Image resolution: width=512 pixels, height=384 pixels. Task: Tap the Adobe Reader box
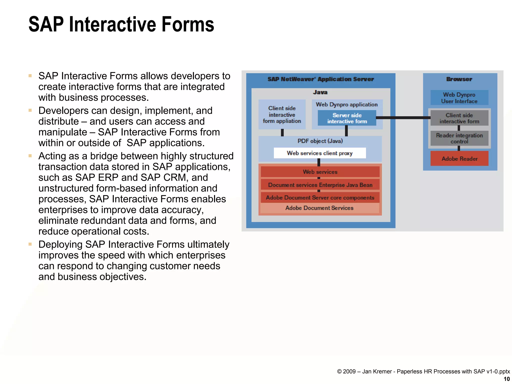tap(459, 158)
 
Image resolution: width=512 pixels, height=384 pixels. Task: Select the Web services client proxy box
tap(319, 153)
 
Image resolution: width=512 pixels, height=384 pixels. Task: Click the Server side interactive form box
tap(347, 118)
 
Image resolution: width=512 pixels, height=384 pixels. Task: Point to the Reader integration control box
tap(459, 138)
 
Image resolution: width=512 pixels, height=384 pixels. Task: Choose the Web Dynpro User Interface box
tap(459, 98)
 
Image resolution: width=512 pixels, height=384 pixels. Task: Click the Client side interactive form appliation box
tap(282, 114)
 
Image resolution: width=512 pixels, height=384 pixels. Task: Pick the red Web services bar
tap(320, 172)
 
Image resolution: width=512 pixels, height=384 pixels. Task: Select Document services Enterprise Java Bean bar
tap(320, 185)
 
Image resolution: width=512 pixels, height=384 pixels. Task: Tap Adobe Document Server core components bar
tap(320, 197)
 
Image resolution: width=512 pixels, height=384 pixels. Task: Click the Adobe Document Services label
tap(319, 208)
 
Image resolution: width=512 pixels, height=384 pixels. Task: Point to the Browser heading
tap(459, 79)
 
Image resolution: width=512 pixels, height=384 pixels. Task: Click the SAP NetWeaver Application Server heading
tap(320, 79)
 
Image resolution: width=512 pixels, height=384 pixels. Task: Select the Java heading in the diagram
tap(320, 92)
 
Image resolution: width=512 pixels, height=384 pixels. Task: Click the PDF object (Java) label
tap(320, 141)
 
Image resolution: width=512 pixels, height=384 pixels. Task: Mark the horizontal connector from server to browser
tap(403, 117)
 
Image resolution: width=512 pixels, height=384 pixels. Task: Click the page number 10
tap(506, 379)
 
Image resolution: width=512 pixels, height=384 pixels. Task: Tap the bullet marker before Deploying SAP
tap(30, 244)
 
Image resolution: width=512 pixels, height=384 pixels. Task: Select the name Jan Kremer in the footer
tap(377, 371)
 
